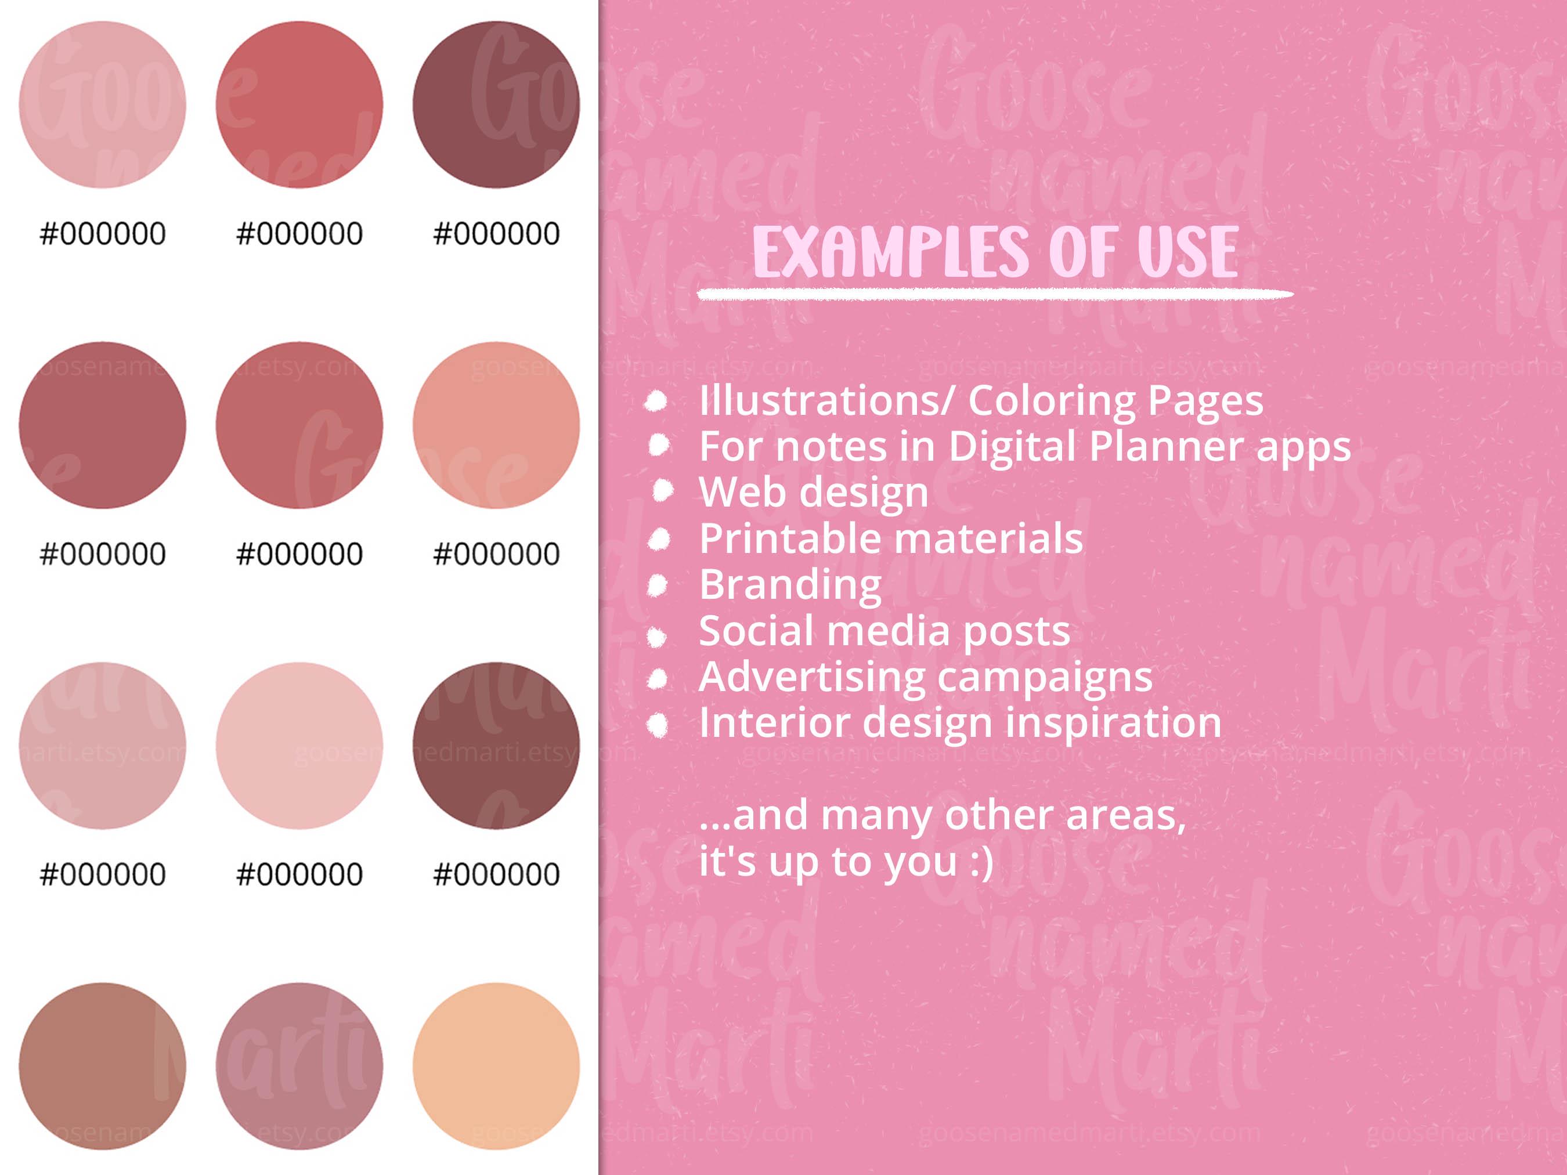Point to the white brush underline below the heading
pyautogui.click(x=995, y=295)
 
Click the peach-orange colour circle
pyautogui.click(x=496, y=1066)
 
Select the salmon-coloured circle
pyautogui.click(x=496, y=425)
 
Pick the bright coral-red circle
pyautogui.click(x=299, y=105)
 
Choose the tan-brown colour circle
pyautogui.click(x=102, y=1066)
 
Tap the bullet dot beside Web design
pyautogui.click(x=662, y=491)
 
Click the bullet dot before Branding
pyautogui.click(x=658, y=585)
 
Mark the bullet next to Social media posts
pyautogui.click(x=657, y=637)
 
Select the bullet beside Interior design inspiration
pyautogui.click(x=658, y=725)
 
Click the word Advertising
pyautogui.click(x=812, y=677)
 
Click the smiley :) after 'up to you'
pyautogui.click(x=982, y=862)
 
